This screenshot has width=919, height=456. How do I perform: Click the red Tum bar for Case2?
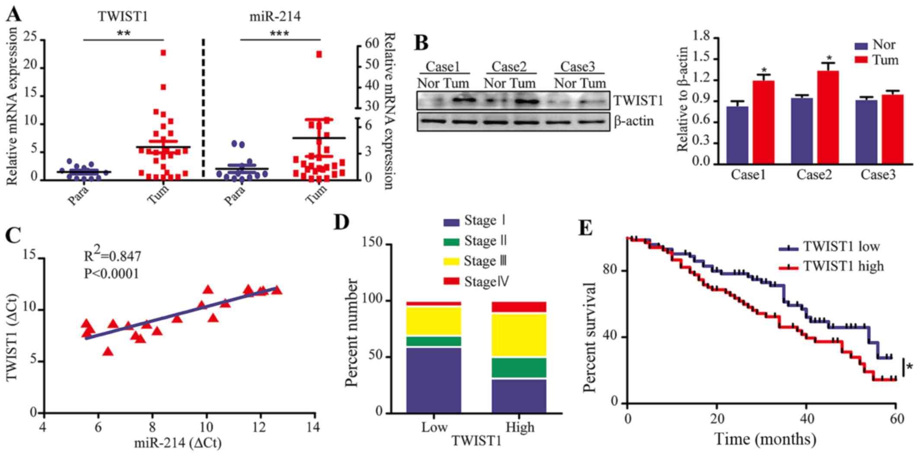(828, 117)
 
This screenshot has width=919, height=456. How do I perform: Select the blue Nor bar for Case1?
(737, 134)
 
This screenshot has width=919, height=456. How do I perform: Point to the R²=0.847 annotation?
(112, 255)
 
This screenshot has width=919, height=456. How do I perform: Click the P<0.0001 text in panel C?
(112, 274)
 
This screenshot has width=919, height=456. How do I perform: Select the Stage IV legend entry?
(475, 282)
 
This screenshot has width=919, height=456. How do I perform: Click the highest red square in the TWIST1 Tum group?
(163, 53)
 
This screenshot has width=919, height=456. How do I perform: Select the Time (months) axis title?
(765, 439)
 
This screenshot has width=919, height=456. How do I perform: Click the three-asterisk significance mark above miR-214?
(279, 33)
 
